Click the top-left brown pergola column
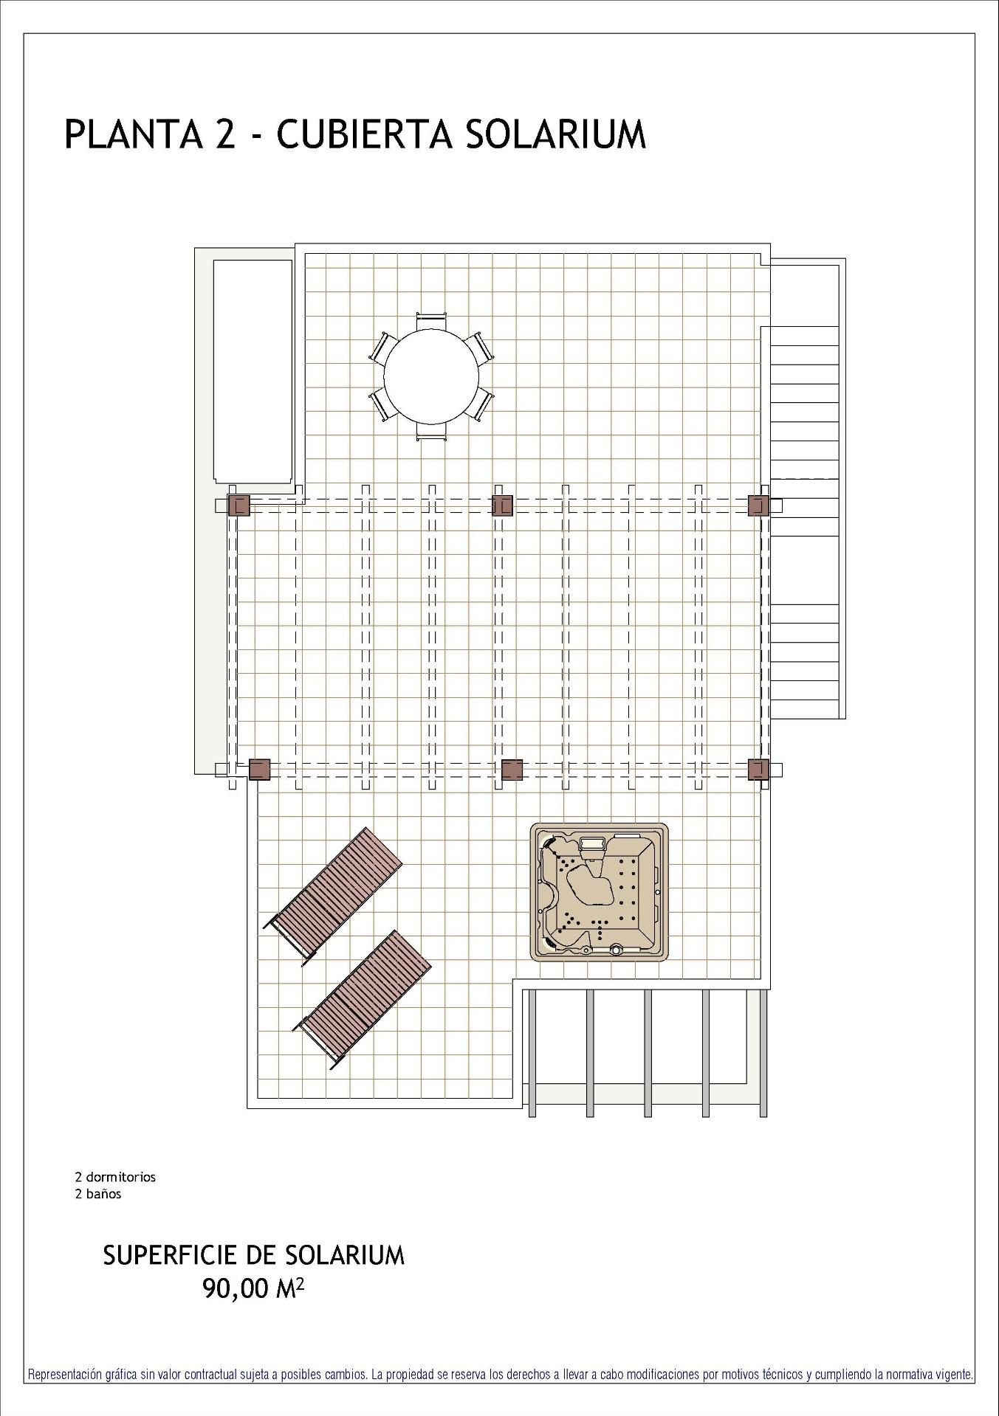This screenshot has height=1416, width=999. [x=239, y=505]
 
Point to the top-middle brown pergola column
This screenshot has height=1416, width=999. [x=502, y=505]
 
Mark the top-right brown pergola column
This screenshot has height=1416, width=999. [x=758, y=505]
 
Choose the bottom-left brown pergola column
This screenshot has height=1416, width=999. [x=259, y=770]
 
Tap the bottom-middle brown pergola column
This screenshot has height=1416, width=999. [x=512, y=770]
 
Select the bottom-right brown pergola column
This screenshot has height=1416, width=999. [x=758, y=770]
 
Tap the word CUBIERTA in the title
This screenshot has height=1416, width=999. [x=362, y=135]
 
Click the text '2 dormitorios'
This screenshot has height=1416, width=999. [x=115, y=1177]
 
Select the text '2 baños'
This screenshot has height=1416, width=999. [x=98, y=1194]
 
